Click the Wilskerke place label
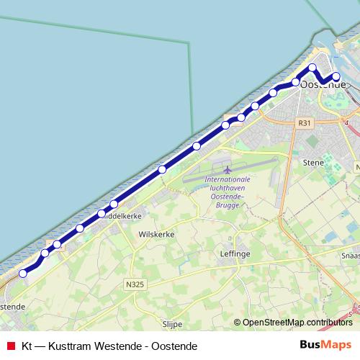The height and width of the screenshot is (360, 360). pyautogui.click(x=157, y=235)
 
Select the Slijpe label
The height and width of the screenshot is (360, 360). pyautogui.click(x=172, y=324)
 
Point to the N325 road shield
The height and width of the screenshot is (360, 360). pyautogui.click(x=135, y=284)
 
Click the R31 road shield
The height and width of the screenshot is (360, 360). pyautogui.click(x=305, y=124)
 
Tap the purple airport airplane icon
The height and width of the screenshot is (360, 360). pyautogui.click(x=228, y=170)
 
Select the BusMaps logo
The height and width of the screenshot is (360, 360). pyautogui.click(x=325, y=346)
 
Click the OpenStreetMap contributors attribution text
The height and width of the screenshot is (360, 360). pyautogui.click(x=297, y=323)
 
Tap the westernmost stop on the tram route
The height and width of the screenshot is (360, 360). pyautogui.click(x=23, y=273)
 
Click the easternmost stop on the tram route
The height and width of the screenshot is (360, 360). pyautogui.click(x=336, y=76)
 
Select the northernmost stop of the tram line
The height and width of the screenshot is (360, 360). pyautogui.click(x=312, y=68)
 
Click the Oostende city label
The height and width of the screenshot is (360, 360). pyautogui.click(x=322, y=85)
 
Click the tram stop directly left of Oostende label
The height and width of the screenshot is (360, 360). pyautogui.click(x=295, y=82)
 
